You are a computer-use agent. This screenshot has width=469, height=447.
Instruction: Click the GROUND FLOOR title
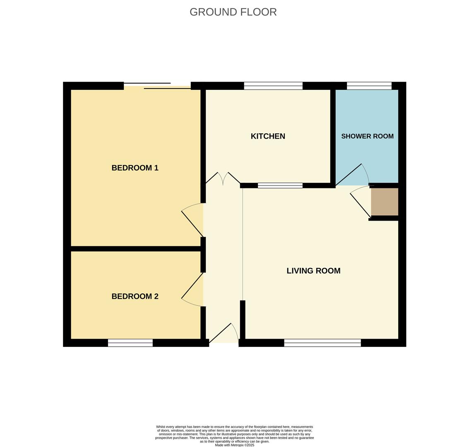(x=233, y=12)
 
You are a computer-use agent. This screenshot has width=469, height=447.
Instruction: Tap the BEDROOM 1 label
(x=135, y=168)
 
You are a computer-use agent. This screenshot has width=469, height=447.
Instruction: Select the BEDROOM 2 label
(x=135, y=296)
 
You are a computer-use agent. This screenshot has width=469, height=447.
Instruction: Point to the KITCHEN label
(x=268, y=136)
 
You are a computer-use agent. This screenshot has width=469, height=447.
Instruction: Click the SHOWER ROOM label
(x=367, y=136)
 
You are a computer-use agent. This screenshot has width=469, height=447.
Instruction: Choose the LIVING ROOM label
(x=313, y=271)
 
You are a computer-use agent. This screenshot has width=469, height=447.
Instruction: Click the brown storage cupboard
(x=385, y=202)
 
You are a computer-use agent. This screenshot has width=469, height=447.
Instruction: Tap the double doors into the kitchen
(x=223, y=179)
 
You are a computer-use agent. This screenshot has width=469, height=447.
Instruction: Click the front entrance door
(x=224, y=334)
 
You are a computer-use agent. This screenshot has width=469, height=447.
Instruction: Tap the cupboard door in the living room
(x=361, y=203)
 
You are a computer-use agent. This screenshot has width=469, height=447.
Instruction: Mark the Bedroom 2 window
(x=130, y=343)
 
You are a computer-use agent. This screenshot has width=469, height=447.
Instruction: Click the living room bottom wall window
(x=322, y=343)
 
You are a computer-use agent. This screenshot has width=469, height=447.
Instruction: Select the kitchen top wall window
(x=273, y=86)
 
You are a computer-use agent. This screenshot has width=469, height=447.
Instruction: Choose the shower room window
(x=369, y=86)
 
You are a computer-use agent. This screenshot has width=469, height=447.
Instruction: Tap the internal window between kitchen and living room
(x=280, y=185)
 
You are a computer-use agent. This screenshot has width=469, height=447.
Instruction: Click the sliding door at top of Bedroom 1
(x=157, y=86)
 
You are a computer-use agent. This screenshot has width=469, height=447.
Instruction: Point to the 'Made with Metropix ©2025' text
(x=235, y=445)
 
